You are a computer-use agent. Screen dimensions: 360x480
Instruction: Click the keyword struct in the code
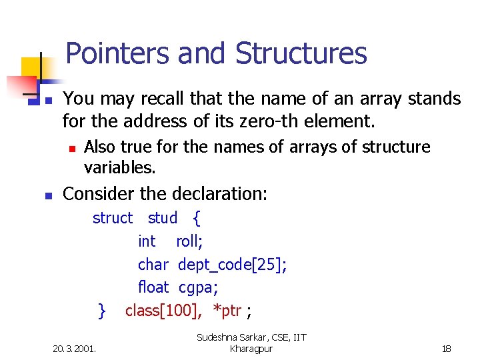tap(113, 218)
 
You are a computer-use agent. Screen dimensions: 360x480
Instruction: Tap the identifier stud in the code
tap(163, 218)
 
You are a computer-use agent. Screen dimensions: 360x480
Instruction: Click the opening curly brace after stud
tap(197, 218)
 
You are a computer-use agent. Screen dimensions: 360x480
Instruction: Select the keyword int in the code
tap(147, 241)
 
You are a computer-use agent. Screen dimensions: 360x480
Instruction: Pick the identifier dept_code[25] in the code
tap(232, 265)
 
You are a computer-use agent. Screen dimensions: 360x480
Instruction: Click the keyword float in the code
tap(153, 287)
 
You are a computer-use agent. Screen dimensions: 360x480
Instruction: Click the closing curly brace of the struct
tap(102, 310)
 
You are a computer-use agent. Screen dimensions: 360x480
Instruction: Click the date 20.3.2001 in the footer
tap(74, 348)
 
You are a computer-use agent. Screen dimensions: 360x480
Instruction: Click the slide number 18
tap(447, 348)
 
